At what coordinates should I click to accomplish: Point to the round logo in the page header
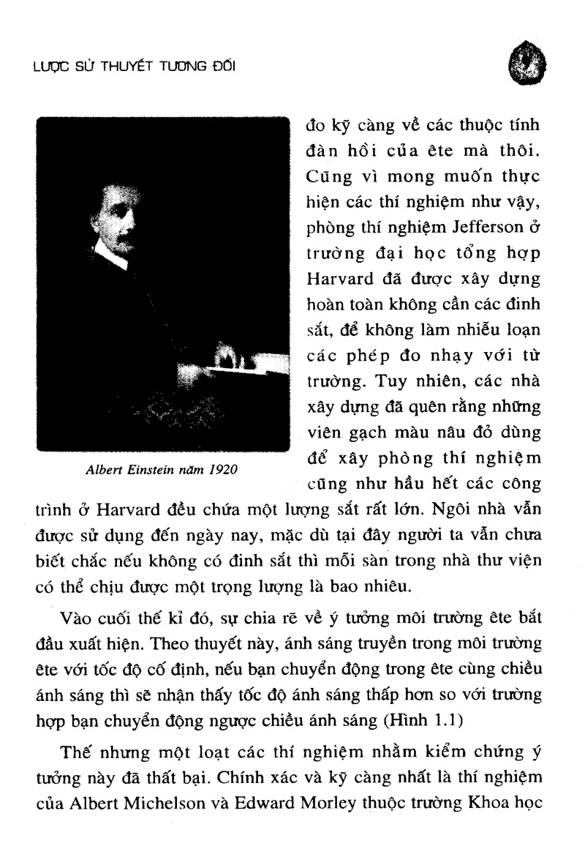tap(528, 64)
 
